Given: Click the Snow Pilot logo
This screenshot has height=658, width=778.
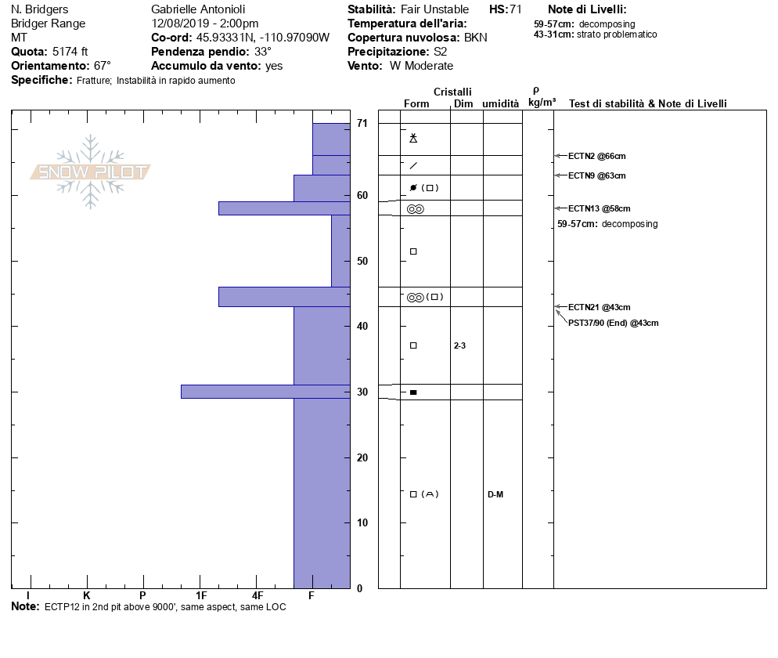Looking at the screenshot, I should pyautogui.click(x=91, y=172).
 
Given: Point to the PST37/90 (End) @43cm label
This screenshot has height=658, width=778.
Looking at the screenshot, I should pyautogui.click(x=613, y=323).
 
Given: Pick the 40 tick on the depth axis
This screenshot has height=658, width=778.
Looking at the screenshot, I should pyautogui.click(x=362, y=326).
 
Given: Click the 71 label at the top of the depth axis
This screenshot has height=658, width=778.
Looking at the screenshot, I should pyautogui.click(x=362, y=123).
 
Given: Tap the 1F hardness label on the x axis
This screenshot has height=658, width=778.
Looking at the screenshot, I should pyautogui.click(x=201, y=596).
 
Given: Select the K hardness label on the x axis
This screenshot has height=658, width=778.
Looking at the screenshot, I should pyautogui.click(x=86, y=596).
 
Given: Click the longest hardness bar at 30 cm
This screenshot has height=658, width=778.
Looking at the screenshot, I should pyautogui.click(x=265, y=392).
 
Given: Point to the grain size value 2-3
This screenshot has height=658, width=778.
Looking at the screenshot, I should pyautogui.click(x=459, y=345).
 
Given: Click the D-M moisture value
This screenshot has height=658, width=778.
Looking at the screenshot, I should pyautogui.click(x=495, y=494).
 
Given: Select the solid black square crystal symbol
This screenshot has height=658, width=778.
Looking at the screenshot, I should pyautogui.click(x=413, y=392).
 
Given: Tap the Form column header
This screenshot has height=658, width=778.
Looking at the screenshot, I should pyautogui.click(x=416, y=103).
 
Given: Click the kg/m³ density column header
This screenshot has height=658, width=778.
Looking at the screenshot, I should pyautogui.click(x=542, y=103).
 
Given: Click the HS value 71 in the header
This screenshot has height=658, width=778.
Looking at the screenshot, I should pyautogui.click(x=515, y=9).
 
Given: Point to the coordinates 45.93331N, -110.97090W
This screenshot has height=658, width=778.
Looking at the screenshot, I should pyautogui.click(x=262, y=38).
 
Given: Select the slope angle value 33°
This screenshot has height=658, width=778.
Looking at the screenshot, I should pyautogui.click(x=263, y=52).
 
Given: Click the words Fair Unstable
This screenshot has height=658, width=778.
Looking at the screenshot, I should pyautogui.click(x=434, y=9).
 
